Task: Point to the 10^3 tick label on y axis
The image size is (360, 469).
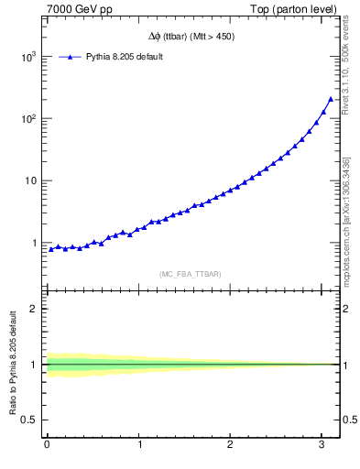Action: point(27,57)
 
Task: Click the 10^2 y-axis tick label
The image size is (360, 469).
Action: point(27,119)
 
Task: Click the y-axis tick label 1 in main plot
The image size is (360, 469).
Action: point(33,244)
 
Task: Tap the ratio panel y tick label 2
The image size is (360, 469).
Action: point(33,309)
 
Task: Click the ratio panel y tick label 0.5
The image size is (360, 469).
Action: point(28,420)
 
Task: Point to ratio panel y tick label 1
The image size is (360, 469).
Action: point(33,365)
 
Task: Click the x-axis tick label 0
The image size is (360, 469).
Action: point(47,444)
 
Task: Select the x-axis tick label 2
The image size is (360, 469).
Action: point(231,444)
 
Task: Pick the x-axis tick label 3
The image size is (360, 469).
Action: point(322,444)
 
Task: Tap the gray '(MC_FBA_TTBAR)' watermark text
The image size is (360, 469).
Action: point(191,274)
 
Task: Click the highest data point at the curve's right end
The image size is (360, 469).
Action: point(331,99)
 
